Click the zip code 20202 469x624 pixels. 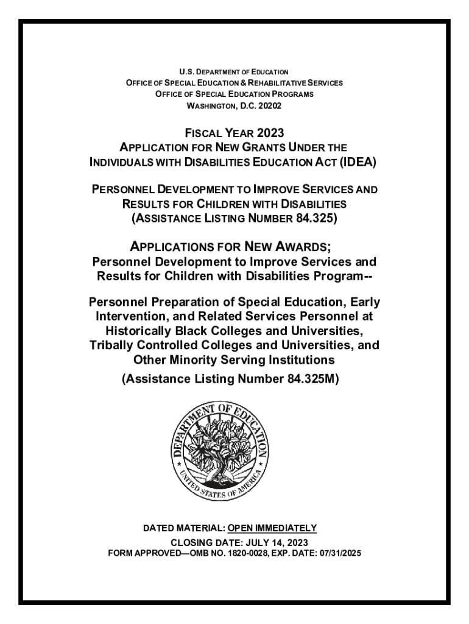pyautogui.click(x=268, y=105)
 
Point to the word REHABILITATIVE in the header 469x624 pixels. pyautogui.click(x=274, y=82)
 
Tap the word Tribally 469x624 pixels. pyautogui.click(x=113, y=346)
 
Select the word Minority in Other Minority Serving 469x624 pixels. pyautogui.click(x=194, y=360)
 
